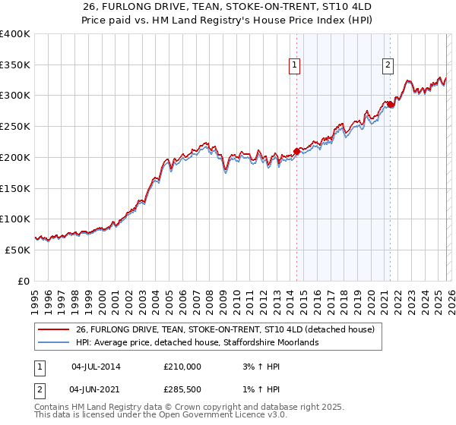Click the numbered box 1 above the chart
point(294,66)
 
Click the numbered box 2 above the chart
point(388,66)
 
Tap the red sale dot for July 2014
point(296,152)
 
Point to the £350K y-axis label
point(15,65)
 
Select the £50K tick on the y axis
point(18,250)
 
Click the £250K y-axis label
point(15,127)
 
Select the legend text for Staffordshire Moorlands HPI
point(198,343)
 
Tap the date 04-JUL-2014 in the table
point(96,366)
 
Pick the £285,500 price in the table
point(182,390)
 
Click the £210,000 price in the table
point(182,366)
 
